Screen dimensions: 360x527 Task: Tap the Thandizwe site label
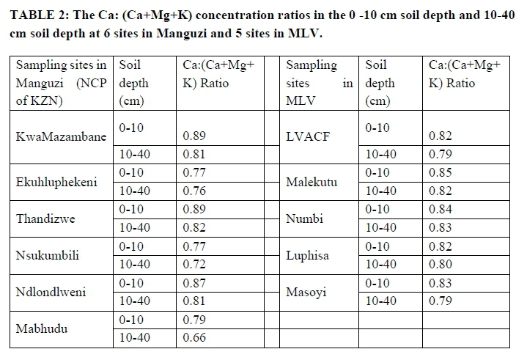tap(45, 218)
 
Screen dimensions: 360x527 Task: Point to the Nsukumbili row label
tap(48, 255)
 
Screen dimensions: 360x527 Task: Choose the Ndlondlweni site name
tap(51, 292)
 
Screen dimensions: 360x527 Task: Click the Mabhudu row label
tap(43, 328)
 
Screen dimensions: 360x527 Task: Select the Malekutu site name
tap(312, 182)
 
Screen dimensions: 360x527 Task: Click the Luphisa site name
tap(308, 255)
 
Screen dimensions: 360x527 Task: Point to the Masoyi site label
tap(306, 292)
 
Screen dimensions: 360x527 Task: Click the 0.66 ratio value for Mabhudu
tap(194, 338)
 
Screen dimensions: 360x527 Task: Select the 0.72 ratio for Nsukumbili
tap(194, 264)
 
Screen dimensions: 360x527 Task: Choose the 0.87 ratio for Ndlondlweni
tap(194, 283)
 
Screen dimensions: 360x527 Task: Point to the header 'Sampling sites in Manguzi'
tap(62, 74)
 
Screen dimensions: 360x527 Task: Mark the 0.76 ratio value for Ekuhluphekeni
tap(194, 191)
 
